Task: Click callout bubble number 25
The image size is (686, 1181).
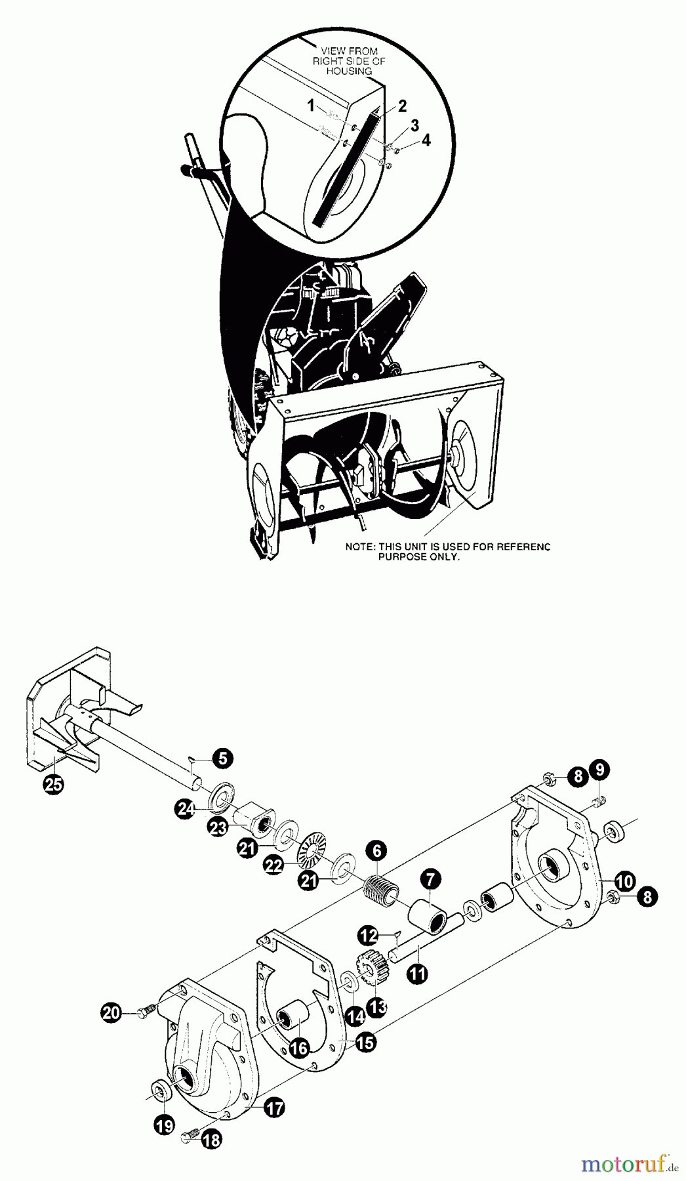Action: [x=54, y=786]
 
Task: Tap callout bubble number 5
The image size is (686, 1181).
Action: [x=223, y=760]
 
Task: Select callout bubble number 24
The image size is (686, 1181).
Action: [x=186, y=810]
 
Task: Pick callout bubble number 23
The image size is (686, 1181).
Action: [x=218, y=827]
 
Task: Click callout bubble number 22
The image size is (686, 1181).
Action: [x=273, y=865]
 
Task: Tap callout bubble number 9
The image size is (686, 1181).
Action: [x=599, y=768]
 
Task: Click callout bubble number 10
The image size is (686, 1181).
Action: [x=625, y=881]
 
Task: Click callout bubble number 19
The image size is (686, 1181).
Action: [x=165, y=1126]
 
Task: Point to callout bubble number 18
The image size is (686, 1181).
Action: [x=211, y=1159]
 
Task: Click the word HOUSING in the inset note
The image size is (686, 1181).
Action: [x=349, y=71]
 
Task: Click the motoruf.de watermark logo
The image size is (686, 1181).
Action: [x=625, y=1163]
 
